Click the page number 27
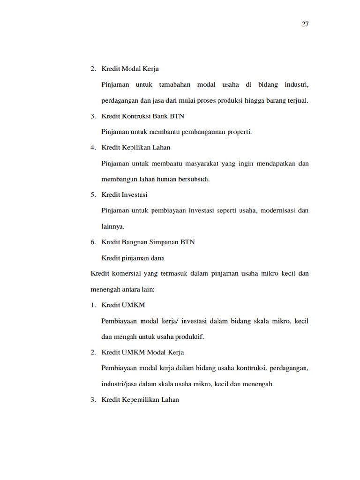click(x=305, y=24)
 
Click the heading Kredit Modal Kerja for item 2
click(x=130, y=69)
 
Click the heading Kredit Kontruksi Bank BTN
click(x=143, y=116)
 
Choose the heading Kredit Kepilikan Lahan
click(x=135, y=148)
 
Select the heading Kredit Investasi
click(x=124, y=195)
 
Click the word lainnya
click(x=113, y=226)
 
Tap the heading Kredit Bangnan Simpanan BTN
click(x=148, y=242)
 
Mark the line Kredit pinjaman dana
click(x=133, y=258)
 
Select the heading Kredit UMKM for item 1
click(x=123, y=305)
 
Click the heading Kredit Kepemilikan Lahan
click(x=140, y=400)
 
